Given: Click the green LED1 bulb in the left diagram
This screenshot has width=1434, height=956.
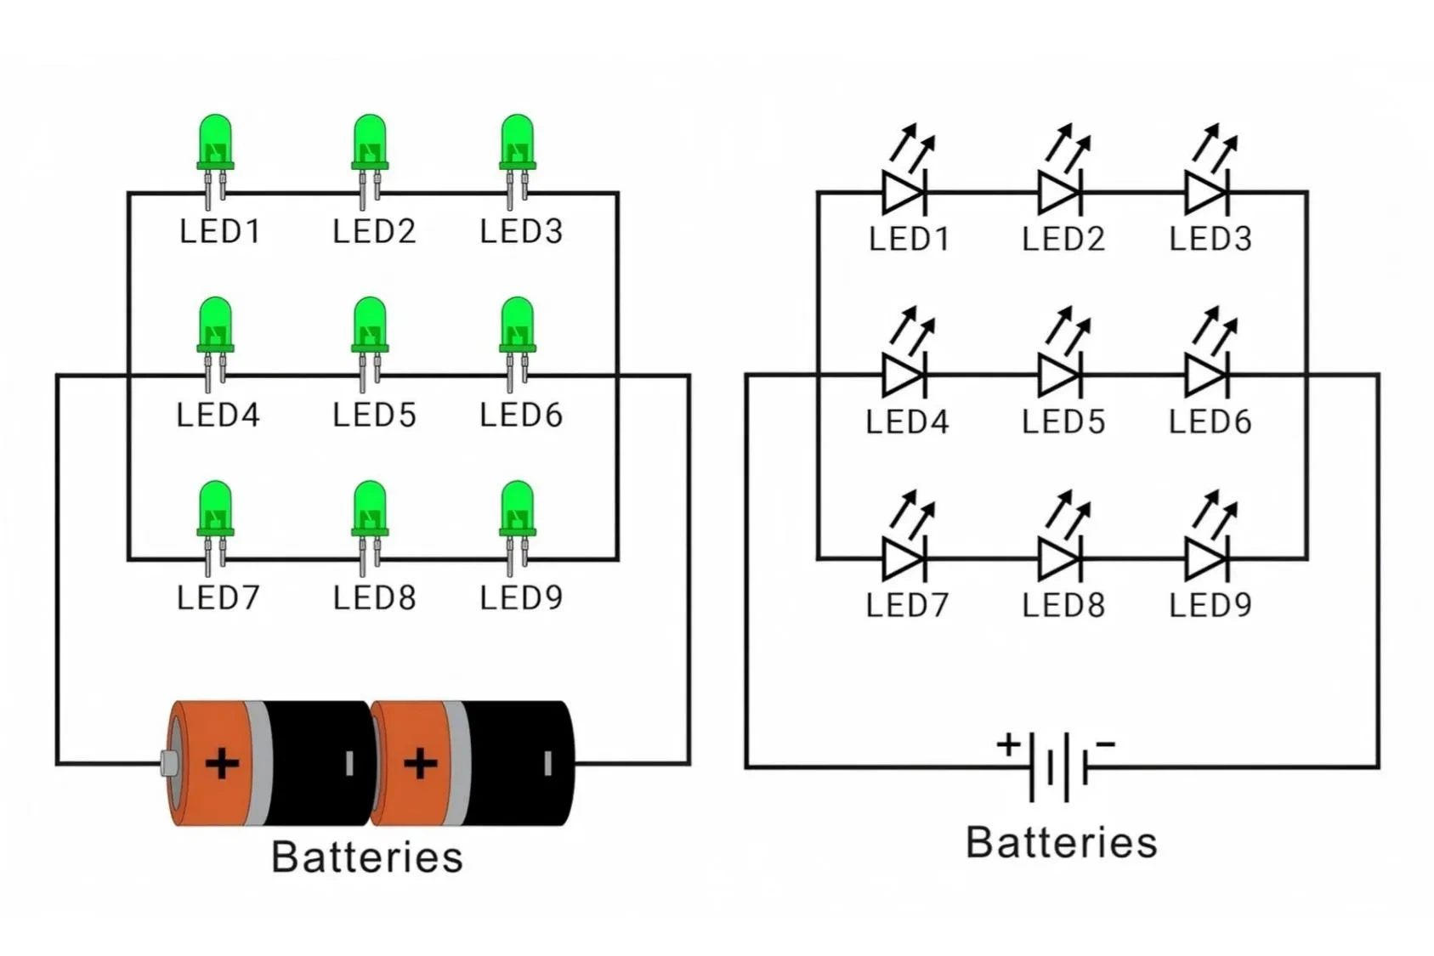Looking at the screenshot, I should pyautogui.click(x=215, y=142).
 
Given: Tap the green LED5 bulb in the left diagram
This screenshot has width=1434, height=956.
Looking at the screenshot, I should pyautogui.click(x=370, y=325).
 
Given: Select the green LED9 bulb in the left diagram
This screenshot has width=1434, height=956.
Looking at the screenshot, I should pyautogui.click(x=517, y=509).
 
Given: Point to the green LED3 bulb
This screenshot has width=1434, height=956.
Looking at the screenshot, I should pyautogui.click(x=517, y=142).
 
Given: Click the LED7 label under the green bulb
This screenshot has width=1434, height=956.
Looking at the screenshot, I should pyautogui.click(x=218, y=598).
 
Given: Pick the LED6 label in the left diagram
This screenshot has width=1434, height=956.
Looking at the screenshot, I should pyautogui.click(x=520, y=416).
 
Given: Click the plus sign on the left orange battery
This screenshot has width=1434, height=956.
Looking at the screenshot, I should pyautogui.click(x=222, y=763).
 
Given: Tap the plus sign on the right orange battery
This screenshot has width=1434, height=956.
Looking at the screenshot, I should pyautogui.click(x=420, y=763).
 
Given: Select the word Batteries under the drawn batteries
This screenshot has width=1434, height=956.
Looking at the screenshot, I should pyautogui.click(x=367, y=857).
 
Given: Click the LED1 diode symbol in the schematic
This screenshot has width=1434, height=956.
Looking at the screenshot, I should pyautogui.click(x=904, y=193).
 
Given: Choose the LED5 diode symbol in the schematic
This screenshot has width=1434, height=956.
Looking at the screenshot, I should pyautogui.click(x=1059, y=375).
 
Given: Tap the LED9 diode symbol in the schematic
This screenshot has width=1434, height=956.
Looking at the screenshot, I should pyautogui.click(x=1206, y=558).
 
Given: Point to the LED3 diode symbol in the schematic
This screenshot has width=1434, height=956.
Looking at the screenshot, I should pyautogui.click(x=1206, y=193).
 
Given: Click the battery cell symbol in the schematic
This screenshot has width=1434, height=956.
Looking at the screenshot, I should pyautogui.click(x=1059, y=767).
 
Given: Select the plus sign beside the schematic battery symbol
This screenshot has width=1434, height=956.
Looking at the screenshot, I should pyautogui.click(x=1009, y=744).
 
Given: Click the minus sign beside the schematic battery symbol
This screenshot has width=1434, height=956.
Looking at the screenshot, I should pyautogui.click(x=1105, y=744).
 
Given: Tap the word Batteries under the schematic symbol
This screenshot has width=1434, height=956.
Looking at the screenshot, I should pyautogui.click(x=1061, y=843).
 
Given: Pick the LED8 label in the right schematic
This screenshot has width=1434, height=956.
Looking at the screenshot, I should pyautogui.click(x=1063, y=606).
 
